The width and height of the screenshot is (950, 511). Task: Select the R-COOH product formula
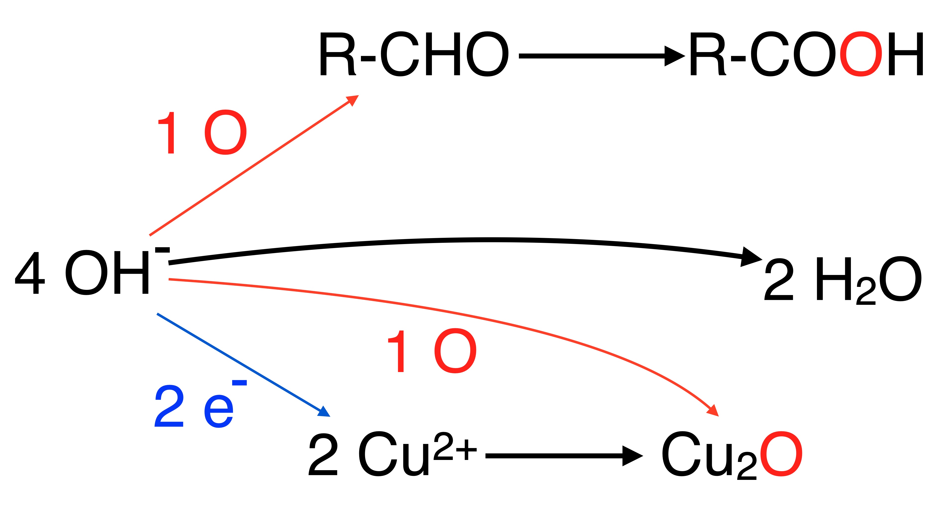806,55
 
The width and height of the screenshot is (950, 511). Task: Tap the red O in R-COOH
861,55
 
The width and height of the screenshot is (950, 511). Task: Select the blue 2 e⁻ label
199,406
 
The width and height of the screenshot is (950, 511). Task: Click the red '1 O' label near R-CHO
202,133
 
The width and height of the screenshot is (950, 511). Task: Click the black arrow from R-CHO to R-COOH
601,56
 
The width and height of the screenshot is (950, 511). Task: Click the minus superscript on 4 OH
162,250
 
